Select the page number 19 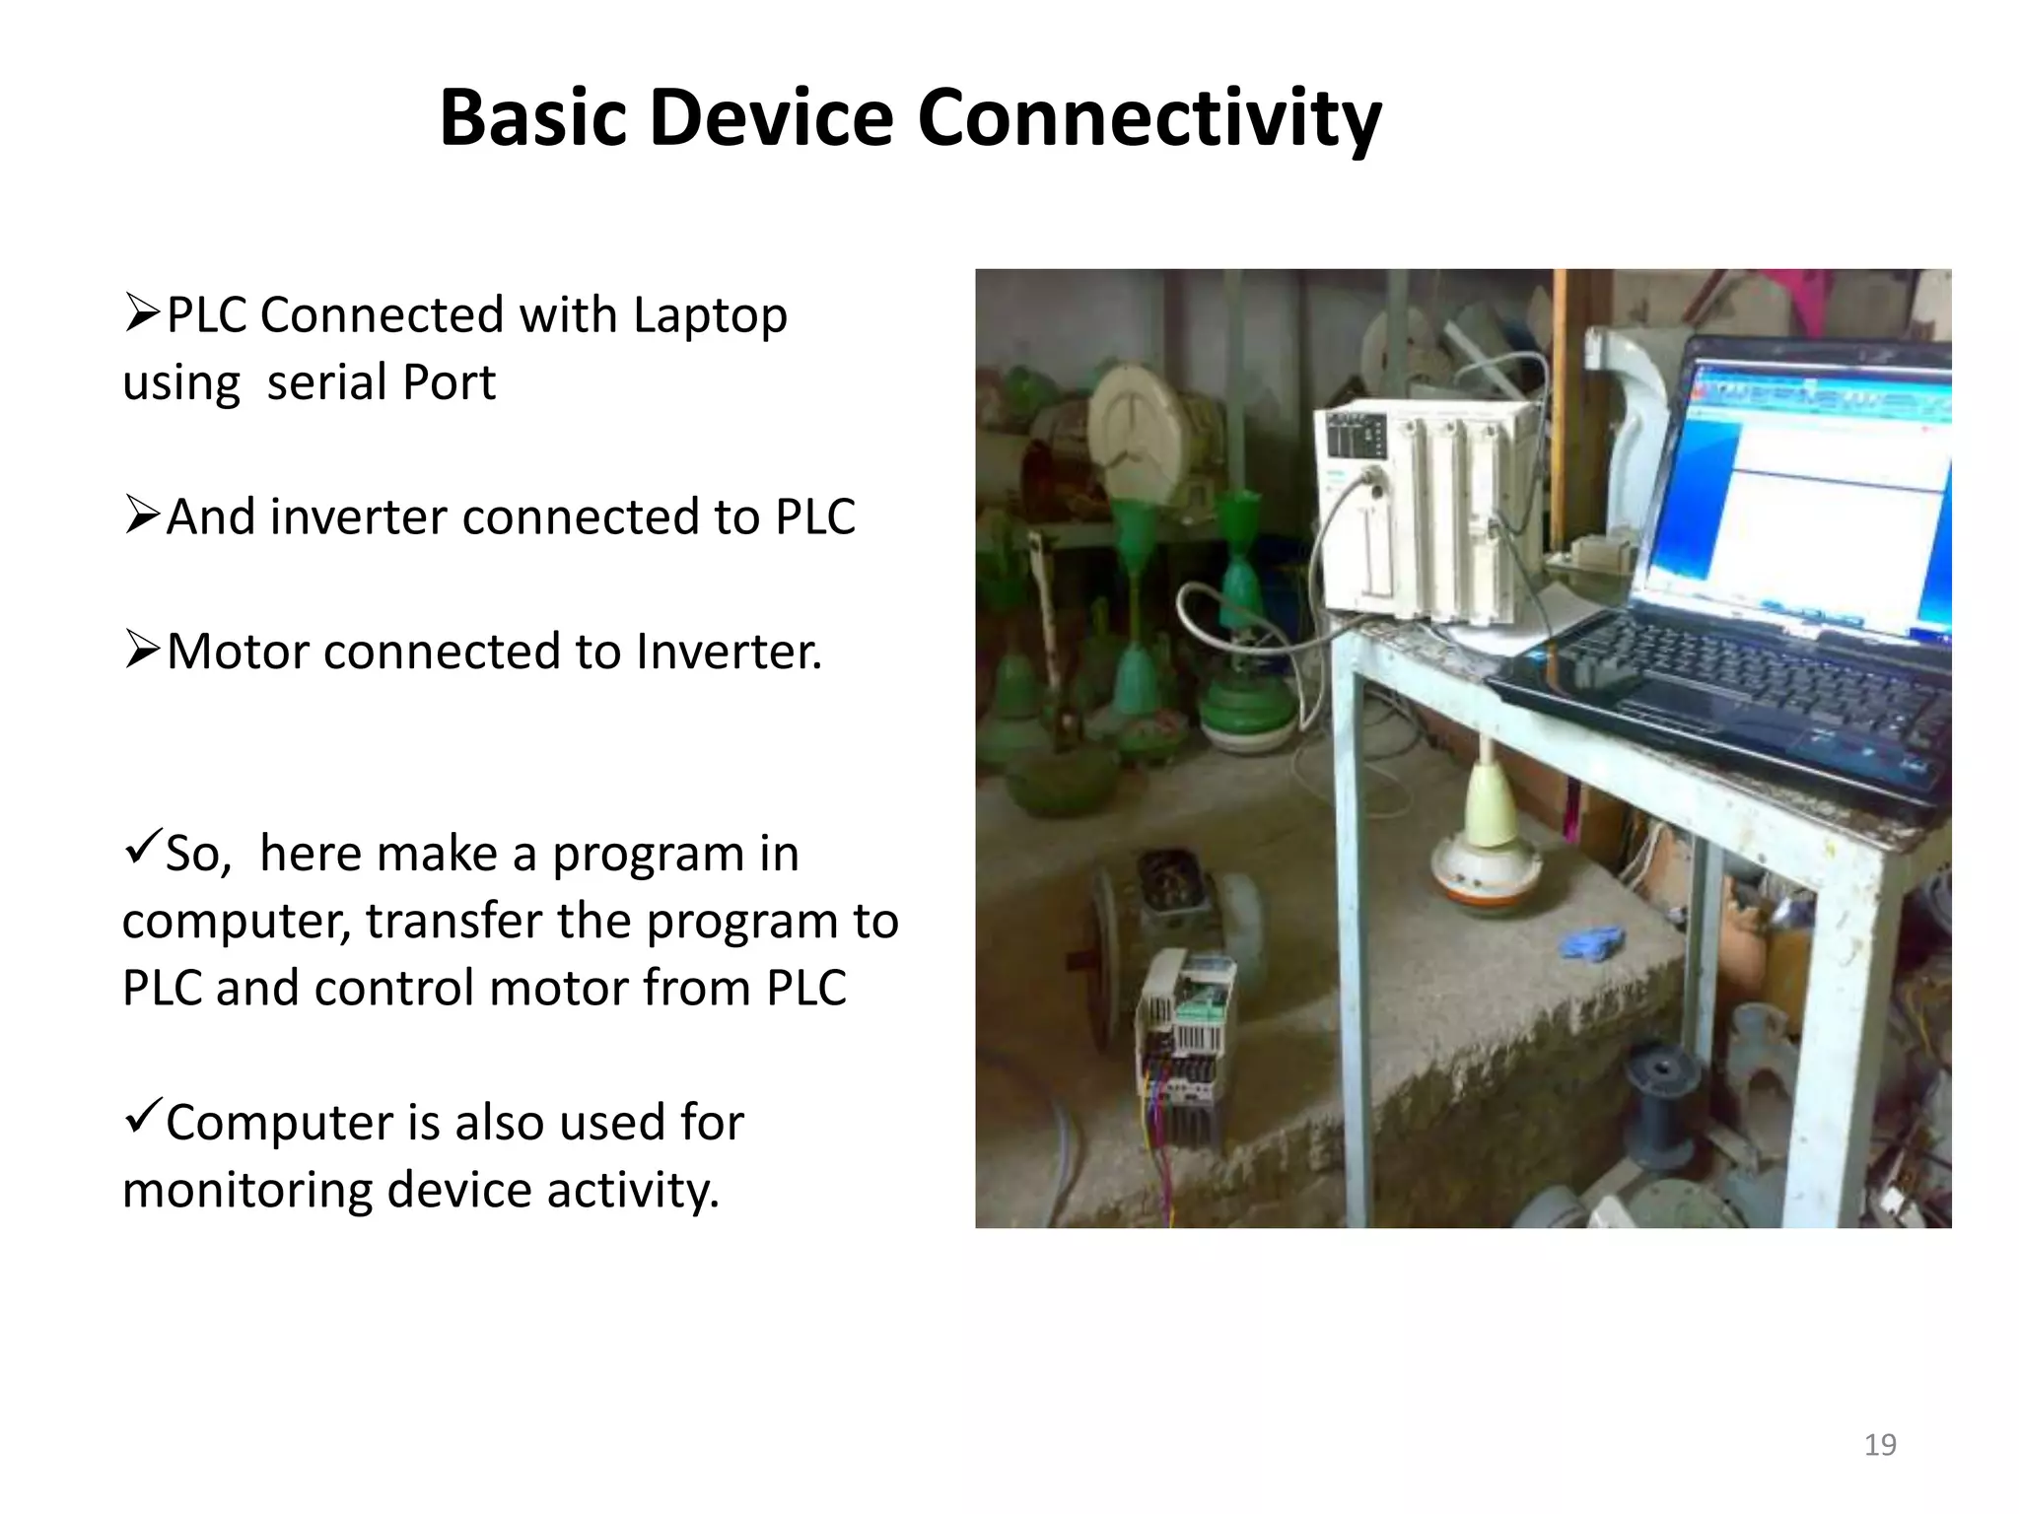(1880, 1445)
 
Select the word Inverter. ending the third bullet (729, 652)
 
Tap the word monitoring (247, 1190)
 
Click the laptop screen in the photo (1804, 493)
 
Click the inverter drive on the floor (1183, 1050)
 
